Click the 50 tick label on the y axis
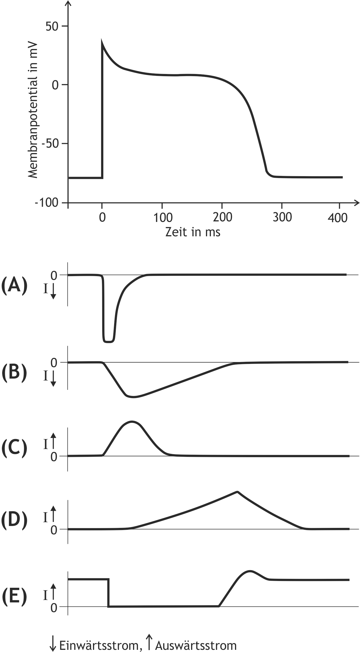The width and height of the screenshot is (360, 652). pos(52,27)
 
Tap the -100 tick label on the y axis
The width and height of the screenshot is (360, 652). pos(47,203)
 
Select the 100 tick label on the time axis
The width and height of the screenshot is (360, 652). pos(162,218)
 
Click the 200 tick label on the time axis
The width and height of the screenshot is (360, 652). pos(222,218)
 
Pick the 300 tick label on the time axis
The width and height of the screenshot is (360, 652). pos(282,218)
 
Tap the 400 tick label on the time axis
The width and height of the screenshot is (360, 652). pos(337,218)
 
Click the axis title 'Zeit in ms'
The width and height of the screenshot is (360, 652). pos(193,232)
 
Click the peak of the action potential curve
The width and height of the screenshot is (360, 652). pos(102,41)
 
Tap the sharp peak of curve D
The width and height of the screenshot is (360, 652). pos(237,492)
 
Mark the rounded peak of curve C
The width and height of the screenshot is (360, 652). pos(132,422)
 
